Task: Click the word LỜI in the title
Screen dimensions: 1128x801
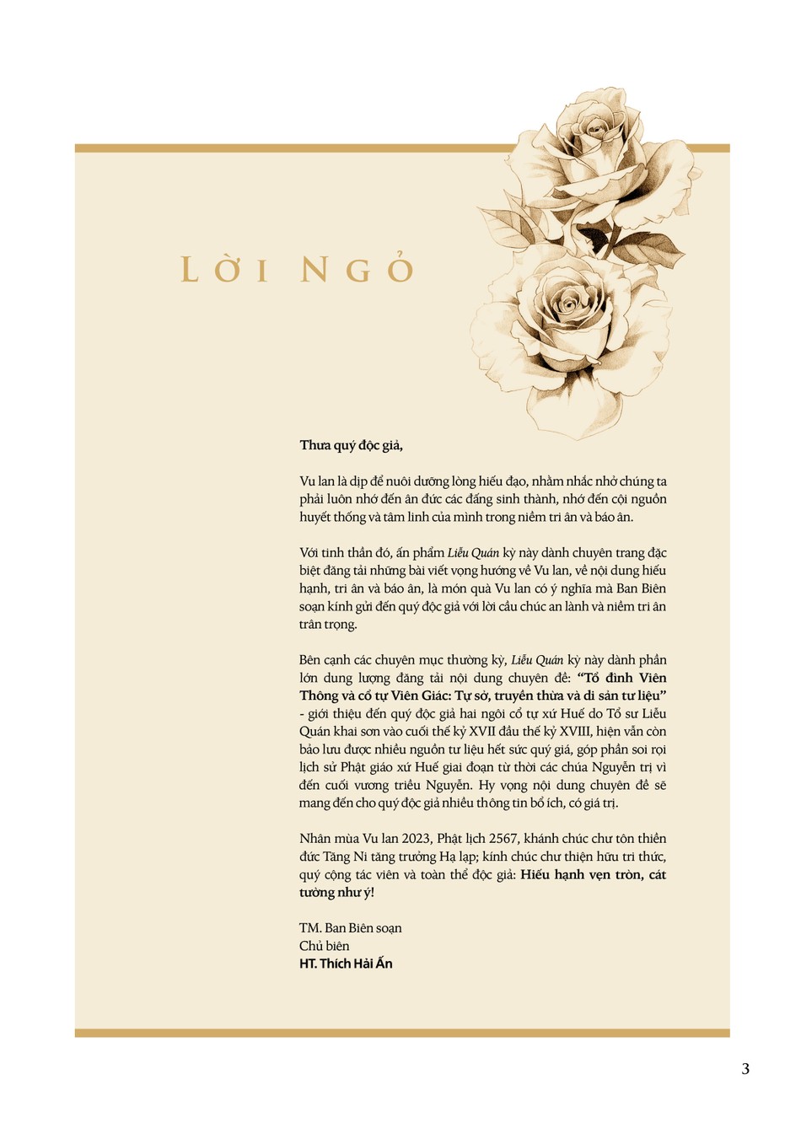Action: pos(225,270)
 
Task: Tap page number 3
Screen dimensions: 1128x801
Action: pos(745,1069)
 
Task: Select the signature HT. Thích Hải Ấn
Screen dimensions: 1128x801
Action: pos(346,964)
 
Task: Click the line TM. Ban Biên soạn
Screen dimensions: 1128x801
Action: pos(350,928)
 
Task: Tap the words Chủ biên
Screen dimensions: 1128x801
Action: pos(324,946)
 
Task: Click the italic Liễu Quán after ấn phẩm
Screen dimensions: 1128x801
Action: pos(473,553)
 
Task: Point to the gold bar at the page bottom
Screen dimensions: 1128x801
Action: pos(402,1033)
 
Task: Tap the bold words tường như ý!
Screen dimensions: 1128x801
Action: pos(336,893)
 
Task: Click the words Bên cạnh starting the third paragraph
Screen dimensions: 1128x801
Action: pos(322,660)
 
